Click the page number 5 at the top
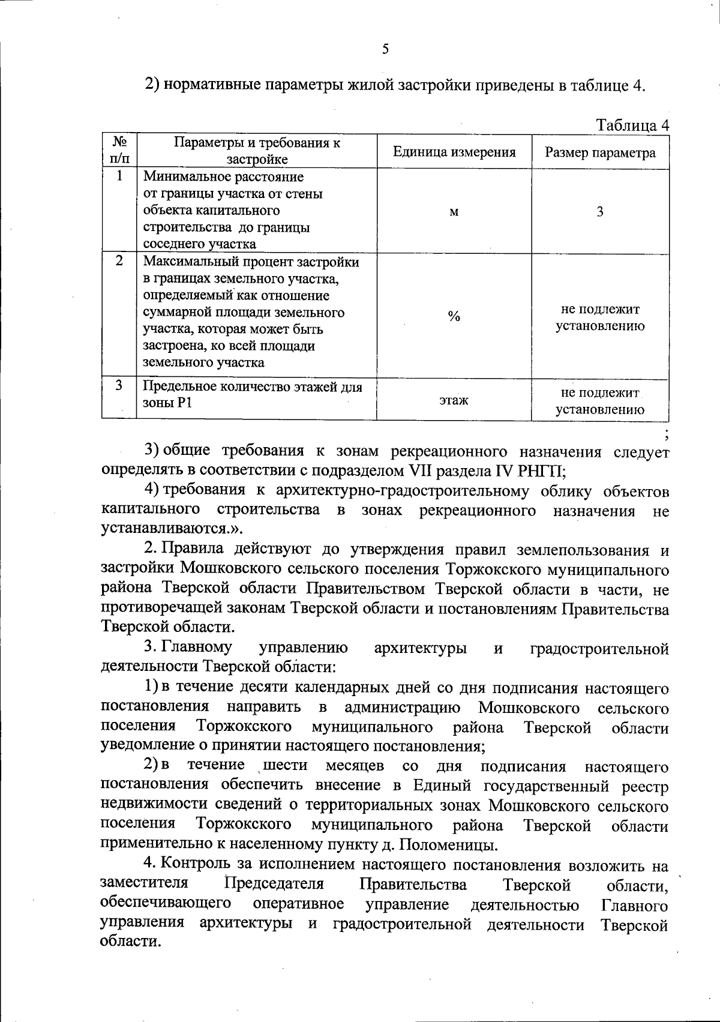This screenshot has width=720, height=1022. point(385,49)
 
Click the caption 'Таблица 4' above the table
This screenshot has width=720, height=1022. point(632,125)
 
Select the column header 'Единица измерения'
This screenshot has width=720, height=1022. point(454,152)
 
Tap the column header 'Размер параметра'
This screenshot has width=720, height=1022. point(600,152)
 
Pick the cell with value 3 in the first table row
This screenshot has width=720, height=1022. point(600,211)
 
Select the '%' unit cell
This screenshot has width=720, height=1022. point(454,317)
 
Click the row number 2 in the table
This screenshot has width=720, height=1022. point(119,261)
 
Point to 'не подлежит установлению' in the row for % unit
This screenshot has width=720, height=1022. point(600,318)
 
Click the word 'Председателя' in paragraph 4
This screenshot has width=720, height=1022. point(274,884)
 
